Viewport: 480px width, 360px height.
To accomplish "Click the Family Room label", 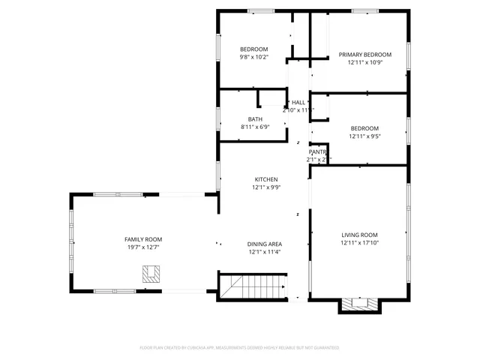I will (x=143, y=238).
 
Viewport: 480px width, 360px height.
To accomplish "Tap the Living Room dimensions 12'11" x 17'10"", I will (x=358, y=243).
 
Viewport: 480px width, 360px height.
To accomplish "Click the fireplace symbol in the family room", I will (x=152, y=274).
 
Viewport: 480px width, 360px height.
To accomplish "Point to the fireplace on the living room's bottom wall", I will (x=359, y=304).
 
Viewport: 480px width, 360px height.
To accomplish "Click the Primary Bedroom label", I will (x=365, y=55).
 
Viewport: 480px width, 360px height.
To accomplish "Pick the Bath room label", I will (x=255, y=119).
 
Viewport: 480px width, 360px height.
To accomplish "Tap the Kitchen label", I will (x=266, y=179).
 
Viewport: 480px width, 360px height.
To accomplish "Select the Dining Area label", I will (x=265, y=244).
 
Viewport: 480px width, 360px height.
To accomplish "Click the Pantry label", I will (x=318, y=151).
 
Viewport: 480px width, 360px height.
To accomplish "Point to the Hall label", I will (x=298, y=102).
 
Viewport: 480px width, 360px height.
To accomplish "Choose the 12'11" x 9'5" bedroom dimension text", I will (x=364, y=136).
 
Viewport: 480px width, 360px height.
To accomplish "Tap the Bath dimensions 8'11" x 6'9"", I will (x=255, y=127).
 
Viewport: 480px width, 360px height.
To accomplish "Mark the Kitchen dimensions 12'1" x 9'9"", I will (x=266, y=187).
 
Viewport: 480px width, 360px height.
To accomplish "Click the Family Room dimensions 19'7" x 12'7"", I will (x=143, y=247).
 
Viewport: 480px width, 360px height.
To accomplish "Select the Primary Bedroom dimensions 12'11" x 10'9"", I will (x=365, y=63).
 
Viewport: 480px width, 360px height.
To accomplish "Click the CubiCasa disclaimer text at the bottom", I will (x=240, y=348).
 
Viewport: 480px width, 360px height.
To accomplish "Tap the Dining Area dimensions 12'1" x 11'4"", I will (x=265, y=252).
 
